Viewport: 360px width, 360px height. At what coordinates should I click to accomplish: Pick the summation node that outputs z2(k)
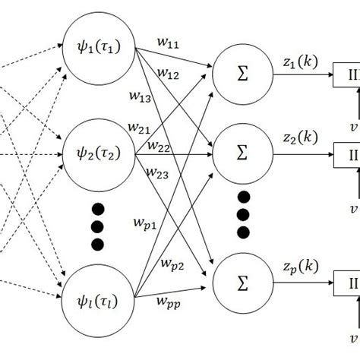[x=242, y=153]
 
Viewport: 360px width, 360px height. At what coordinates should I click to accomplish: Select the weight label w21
[x=141, y=129]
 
